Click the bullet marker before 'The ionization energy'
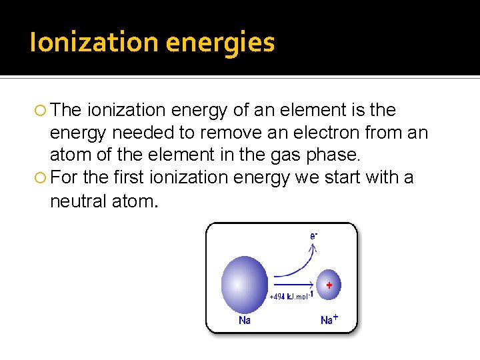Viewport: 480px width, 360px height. (x=41, y=110)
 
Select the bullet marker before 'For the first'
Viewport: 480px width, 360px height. (x=41, y=178)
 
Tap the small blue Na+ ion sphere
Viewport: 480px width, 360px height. (x=327, y=286)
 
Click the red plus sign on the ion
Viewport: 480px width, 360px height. (x=329, y=285)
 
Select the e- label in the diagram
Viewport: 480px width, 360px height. (x=313, y=235)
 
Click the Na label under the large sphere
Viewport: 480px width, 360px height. (x=245, y=321)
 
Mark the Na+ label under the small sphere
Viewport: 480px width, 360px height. (x=329, y=320)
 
